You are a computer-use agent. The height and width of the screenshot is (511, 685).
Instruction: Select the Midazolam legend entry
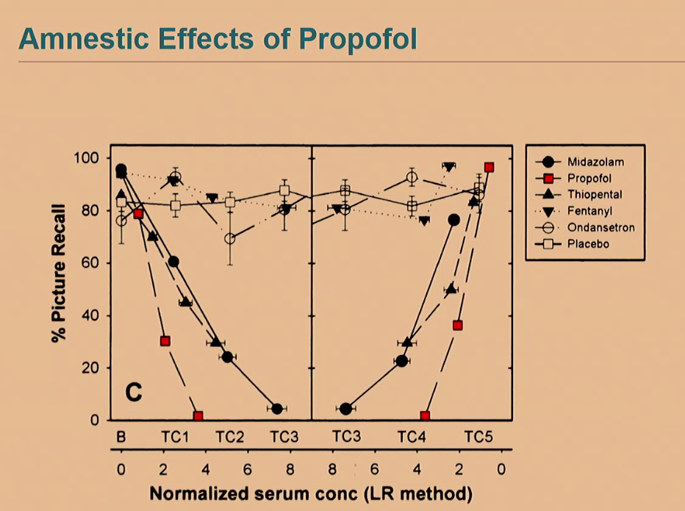click(595, 161)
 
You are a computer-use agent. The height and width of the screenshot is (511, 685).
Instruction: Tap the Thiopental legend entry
click(595, 194)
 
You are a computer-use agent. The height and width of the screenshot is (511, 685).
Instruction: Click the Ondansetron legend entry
click(600, 227)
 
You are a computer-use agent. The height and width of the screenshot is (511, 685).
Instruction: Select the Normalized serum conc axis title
click(311, 493)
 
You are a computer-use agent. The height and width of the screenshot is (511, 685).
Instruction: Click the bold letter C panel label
click(133, 392)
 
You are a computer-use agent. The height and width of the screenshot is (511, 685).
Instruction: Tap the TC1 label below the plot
click(176, 436)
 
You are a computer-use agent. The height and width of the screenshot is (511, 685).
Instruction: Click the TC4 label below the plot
click(412, 436)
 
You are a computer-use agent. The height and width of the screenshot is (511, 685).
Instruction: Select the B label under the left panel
click(121, 436)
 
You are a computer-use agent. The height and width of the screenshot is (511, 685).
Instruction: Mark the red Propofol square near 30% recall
click(165, 341)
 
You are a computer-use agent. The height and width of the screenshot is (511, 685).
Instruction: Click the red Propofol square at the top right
click(489, 167)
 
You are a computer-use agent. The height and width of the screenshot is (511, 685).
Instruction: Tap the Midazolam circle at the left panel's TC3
click(277, 409)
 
